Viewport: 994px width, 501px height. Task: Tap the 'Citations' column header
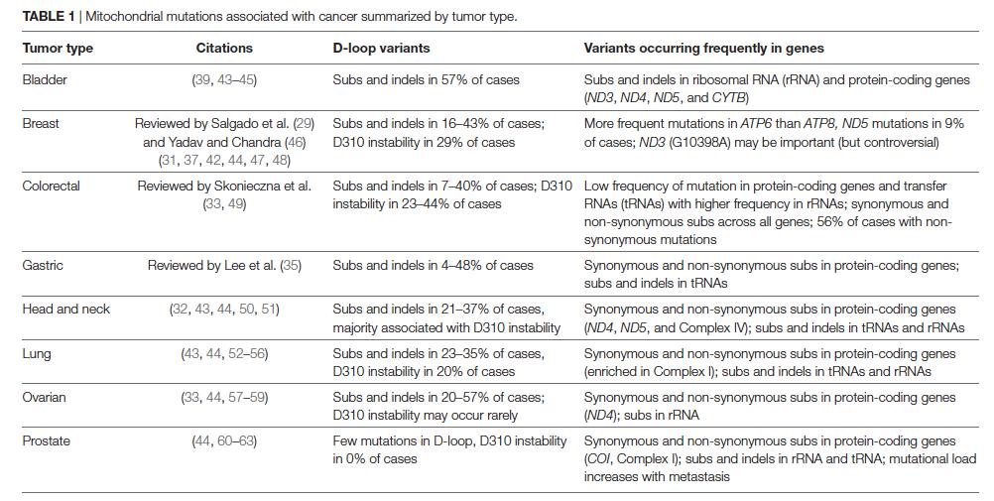tap(224, 48)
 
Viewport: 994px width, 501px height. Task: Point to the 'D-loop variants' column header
tap(381, 48)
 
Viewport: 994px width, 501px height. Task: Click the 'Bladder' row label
tap(44, 79)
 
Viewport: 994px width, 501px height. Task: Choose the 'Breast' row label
tap(41, 123)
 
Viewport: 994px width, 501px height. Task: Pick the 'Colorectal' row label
tap(51, 186)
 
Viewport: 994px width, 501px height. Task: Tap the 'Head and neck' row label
tap(65, 309)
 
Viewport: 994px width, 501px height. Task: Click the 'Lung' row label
tap(36, 353)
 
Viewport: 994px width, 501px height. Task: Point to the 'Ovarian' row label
tap(44, 397)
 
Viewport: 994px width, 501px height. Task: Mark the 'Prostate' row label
tap(46, 440)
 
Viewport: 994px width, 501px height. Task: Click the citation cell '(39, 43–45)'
tap(224, 79)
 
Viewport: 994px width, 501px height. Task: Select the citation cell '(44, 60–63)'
tap(224, 440)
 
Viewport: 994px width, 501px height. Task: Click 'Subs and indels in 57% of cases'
tap(426, 79)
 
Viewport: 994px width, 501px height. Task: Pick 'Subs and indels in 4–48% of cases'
tap(433, 265)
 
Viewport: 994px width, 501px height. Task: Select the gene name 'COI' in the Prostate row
tap(598, 459)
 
